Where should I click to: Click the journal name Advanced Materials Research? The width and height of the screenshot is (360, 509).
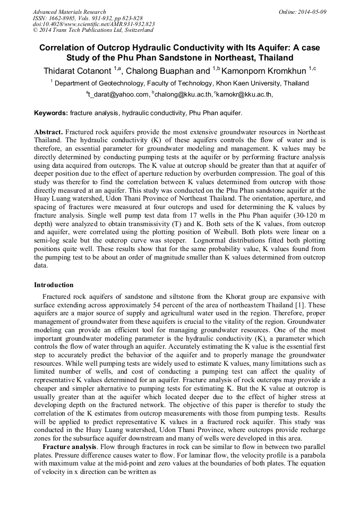click(69, 12)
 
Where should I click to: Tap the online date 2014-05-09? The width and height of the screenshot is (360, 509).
click(312, 12)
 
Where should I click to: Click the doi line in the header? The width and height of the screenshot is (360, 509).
click(93, 24)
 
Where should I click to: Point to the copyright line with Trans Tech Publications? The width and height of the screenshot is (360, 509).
click(93, 30)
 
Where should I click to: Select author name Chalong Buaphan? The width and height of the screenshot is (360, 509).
click(162, 71)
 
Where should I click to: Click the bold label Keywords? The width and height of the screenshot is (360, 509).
click(51, 114)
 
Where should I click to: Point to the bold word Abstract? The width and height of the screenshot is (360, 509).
click(49, 131)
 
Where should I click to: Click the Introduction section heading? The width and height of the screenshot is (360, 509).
click(54, 285)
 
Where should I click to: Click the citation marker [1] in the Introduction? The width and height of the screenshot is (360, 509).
click(307, 305)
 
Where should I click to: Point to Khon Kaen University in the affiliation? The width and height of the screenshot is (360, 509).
click(250, 83)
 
